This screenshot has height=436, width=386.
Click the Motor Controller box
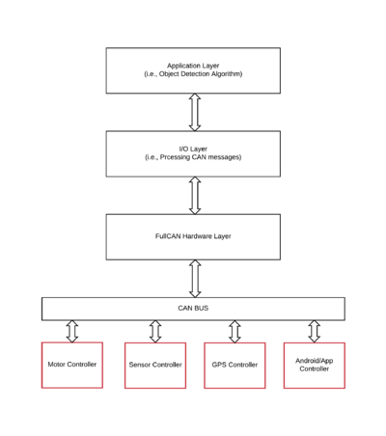(72, 365)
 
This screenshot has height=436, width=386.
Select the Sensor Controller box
(155, 366)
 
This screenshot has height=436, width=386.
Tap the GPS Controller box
(234, 366)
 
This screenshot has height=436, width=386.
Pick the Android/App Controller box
(315, 366)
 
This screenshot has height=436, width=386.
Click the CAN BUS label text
(193, 308)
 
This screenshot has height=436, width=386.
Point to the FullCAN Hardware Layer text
(193, 236)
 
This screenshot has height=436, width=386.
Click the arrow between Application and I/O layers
(195, 112)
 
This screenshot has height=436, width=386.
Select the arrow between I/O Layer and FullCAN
(195, 196)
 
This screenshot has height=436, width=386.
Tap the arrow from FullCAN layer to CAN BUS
(195, 279)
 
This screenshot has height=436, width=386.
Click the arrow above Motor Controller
(72, 331)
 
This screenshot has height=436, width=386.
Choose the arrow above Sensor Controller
(155, 331)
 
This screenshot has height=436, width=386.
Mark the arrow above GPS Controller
(234, 331)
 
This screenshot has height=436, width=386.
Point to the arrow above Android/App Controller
(315, 331)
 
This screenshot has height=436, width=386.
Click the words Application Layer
(193, 66)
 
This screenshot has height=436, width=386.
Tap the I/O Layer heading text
(193, 149)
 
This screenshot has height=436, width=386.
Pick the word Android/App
(315, 361)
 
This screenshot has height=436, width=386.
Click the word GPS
(219, 365)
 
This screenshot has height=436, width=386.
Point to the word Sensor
(140, 365)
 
